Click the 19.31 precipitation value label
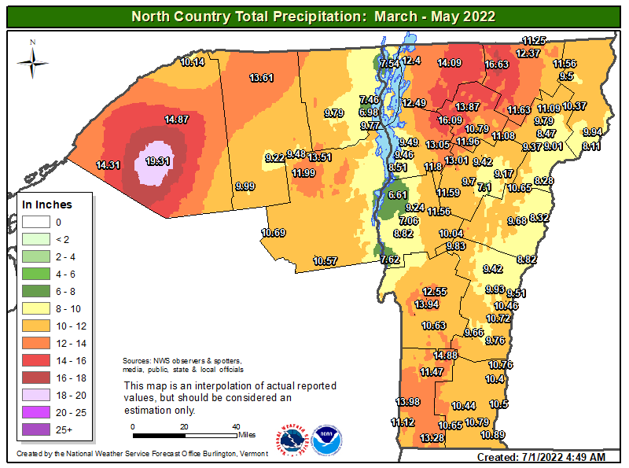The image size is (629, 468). click(x=158, y=160)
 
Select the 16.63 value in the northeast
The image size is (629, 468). click(x=497, y=64)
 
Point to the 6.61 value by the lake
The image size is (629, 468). click(x=399, y=194)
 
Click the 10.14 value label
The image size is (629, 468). click(x=193, y=62)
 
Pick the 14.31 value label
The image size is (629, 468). click(x=108, y=165)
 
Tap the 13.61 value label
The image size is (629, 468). click(x=262, y=77)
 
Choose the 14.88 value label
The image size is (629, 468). click(x=445, y=355)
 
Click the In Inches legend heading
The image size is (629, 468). click(x=47, y=205)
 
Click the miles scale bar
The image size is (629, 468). click(x=184, y=433)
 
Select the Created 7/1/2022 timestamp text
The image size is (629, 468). click(x=541, y=457)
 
